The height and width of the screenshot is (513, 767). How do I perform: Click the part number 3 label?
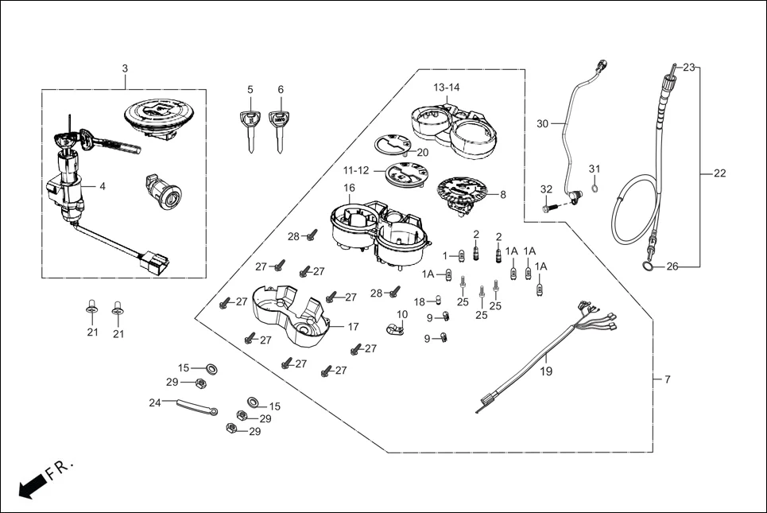click(125, 69)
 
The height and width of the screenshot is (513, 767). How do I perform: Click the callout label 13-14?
click(447, 87)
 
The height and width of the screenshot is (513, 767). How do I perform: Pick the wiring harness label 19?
click(547, 371)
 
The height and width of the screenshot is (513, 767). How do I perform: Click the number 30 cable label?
click(543, 123)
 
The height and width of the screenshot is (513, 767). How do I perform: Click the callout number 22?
click(720, 173)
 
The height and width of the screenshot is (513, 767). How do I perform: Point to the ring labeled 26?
click(649, 265)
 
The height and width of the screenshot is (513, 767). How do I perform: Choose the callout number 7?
click(667, 379)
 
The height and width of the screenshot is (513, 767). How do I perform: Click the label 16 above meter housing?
click(349, 188)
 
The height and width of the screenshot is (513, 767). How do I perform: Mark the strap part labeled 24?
click(196, 407)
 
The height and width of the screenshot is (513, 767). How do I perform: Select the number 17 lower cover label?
click(354, 327)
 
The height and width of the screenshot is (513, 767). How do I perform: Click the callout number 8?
click(502, 193)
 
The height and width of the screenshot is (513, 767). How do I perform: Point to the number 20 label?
click(422, 152)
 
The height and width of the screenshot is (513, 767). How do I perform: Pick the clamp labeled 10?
click(392, 328)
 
